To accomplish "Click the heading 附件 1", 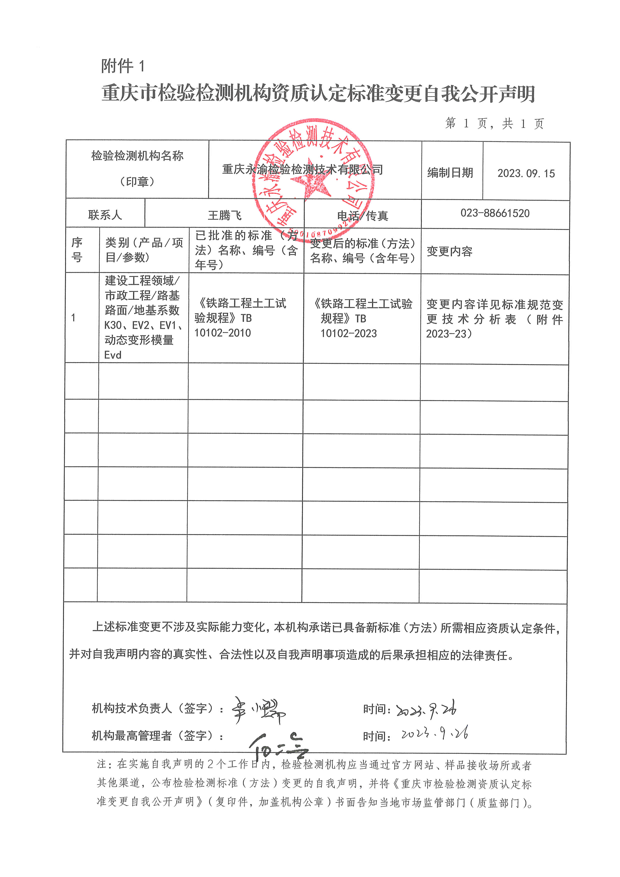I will (x=123, y=66).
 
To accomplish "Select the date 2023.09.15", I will (x=526, y=173).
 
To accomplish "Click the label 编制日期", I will (x=450, y=173).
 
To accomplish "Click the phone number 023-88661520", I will (x=495, y=213).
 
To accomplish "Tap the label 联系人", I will (x=105, y=215).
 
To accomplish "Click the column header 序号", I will (x=77, y=250).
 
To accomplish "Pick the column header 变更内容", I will (x=449, y=251).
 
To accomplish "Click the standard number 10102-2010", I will (x=223, y=333).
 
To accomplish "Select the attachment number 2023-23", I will (x=446, y=334).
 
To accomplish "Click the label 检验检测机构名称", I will (x=137, y=156).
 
